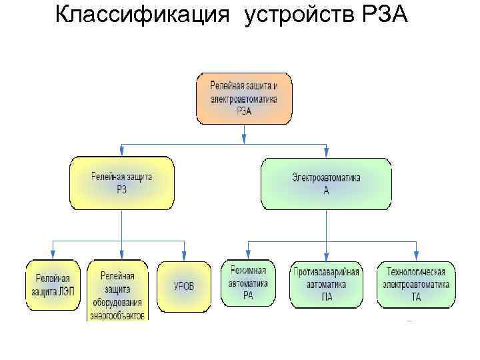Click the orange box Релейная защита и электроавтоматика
pyautogui.click(x=244, y=99)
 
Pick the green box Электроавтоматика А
pyautogui.click(x=326, y=183)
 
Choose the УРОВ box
pyautogui.click(x=183, y=287)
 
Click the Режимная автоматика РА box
pyautogui.click(x=247, y=283)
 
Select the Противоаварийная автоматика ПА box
pyautogui.click(x=327, y=285)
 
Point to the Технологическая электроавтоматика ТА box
pyautogui.click(x=417, y=285)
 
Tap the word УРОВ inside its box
pyautogui.click(x=183, y=287)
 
